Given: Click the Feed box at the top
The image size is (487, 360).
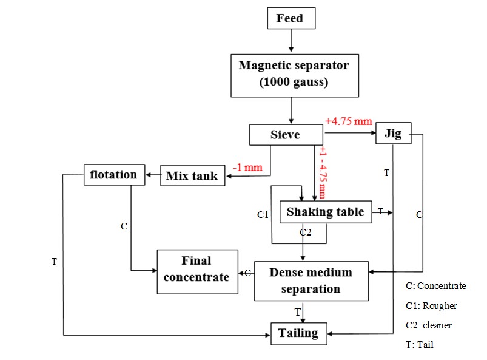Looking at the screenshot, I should pos(292,18).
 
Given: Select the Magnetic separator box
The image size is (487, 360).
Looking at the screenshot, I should pos(294,74).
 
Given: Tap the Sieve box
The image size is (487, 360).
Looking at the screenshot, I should pos(285,135).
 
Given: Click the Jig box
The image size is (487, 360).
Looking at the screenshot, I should pos(393,133).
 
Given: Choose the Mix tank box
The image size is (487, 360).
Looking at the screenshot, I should pos(192,176).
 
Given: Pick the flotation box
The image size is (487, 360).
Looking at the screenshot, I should pos(113,175).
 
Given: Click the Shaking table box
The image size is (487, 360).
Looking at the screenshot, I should pos(325,212).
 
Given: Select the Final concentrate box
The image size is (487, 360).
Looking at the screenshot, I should pos(196,270).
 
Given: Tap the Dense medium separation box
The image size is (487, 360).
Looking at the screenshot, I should pos(311,280).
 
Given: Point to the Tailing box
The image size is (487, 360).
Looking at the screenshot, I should pos(298,333).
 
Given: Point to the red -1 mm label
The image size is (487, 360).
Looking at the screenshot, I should pos(247,167).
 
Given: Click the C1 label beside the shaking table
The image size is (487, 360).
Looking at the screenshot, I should pos(263,214).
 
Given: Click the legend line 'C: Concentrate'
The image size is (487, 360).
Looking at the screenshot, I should pos(435,286).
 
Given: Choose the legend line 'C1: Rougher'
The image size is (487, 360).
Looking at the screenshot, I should pos(431,305).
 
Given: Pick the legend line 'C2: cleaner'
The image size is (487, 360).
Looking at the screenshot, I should pos(429,325).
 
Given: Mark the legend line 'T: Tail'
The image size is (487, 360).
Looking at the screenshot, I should pos(420,344).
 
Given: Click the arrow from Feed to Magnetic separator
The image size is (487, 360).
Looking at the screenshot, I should pos(292,41).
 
